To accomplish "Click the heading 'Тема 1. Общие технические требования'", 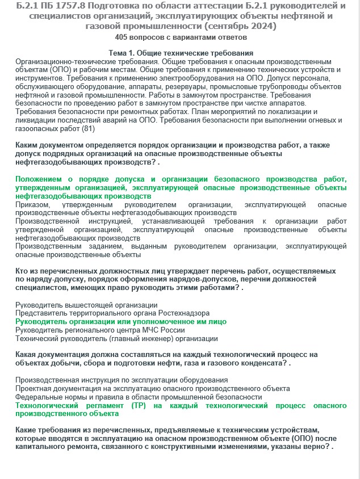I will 181,53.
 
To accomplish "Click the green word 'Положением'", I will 40,179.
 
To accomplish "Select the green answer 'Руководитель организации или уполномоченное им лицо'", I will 112,321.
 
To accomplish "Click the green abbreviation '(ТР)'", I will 140,406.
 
